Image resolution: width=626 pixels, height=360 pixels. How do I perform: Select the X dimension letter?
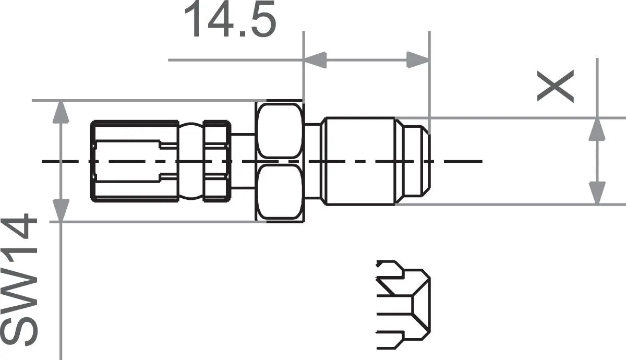pos(556,86)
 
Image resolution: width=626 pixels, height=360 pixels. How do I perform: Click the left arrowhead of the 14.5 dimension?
pos(315,59)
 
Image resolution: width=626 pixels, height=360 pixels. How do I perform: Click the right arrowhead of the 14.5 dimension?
pos(418,59)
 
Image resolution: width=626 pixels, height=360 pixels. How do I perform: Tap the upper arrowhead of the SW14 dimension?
pos(61,112)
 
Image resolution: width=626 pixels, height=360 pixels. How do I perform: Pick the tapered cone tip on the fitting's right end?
pos(415,161)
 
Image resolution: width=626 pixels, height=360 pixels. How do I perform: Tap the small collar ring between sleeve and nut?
pos(215,161)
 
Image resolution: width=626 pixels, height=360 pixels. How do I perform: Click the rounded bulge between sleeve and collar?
pos(190,161)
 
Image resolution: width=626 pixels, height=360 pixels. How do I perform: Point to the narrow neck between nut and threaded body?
pos(312,161)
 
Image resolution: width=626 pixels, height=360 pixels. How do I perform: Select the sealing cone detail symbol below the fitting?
pos(403,303)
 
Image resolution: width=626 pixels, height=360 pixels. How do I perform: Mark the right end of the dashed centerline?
pos(480,161)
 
